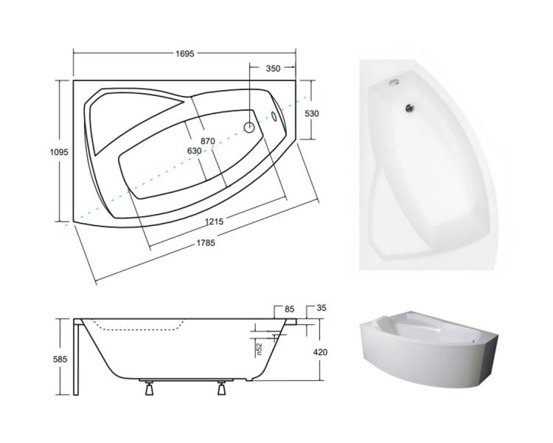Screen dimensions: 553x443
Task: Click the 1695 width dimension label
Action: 185,54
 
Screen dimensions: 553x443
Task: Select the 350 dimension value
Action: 273,69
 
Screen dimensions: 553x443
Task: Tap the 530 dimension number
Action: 312,114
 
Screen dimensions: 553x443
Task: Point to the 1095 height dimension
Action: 59,152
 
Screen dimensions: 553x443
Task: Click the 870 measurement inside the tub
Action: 208,141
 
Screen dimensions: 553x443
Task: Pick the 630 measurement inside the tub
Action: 195,151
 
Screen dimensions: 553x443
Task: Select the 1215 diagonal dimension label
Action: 214,221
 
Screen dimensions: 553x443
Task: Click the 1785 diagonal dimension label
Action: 206,243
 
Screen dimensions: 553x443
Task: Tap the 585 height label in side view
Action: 60,360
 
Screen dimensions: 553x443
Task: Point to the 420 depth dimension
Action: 320,352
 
